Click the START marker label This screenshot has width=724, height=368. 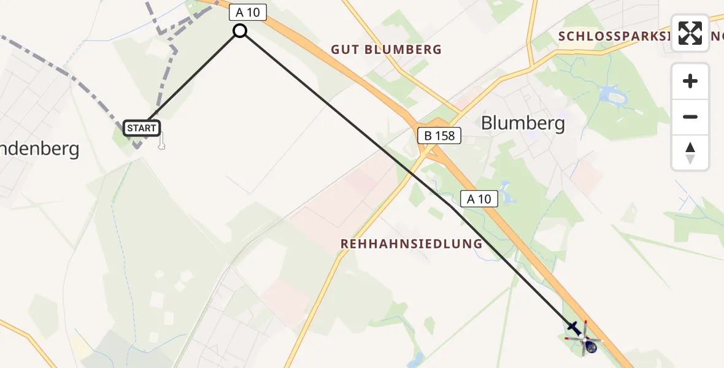142,128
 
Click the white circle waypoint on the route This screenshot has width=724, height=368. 240,31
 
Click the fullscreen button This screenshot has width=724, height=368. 690,33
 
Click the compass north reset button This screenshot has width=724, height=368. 690,153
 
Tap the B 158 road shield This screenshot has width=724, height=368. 439,136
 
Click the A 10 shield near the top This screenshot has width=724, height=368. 247,13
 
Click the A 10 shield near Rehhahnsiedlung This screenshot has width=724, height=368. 479,199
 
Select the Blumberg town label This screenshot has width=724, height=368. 523,123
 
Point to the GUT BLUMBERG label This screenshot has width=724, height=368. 386,50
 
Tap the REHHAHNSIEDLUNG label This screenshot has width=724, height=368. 412,244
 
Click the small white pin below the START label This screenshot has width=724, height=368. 161,143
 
